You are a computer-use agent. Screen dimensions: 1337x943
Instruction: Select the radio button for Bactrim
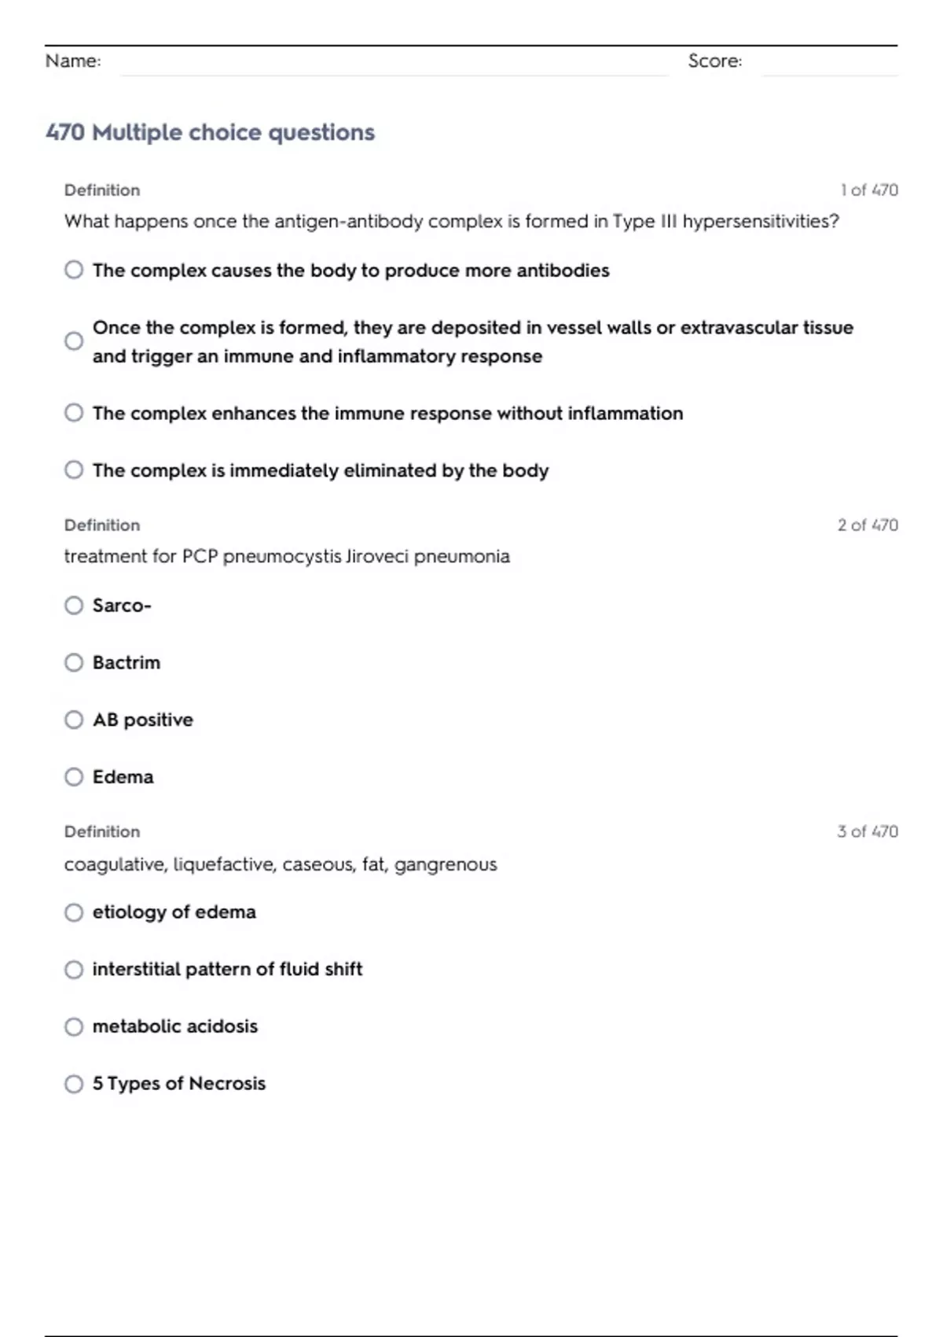click(74, 662)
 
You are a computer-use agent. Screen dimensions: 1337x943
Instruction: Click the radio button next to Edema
click(74, 777)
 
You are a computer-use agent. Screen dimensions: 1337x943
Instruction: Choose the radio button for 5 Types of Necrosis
click(74, 1084)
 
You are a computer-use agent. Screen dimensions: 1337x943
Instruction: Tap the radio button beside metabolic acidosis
click(74, 1026)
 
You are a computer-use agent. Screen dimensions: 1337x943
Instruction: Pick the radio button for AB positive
click(74, 720)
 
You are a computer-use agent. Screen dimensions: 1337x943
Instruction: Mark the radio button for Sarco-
click(74, 605)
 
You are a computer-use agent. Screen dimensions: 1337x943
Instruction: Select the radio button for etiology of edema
click(74, 912)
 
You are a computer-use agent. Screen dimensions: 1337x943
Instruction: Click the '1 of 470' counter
click(868, 190)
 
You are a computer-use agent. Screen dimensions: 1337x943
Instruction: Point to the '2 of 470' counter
click(868, 525)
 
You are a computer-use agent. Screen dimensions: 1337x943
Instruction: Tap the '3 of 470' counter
click(868, 831)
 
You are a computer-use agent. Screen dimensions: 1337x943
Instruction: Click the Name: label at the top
click(73, 61)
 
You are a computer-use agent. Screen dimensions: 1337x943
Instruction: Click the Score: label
click(714, 61)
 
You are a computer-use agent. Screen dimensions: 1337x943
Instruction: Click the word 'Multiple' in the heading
click(137, 132)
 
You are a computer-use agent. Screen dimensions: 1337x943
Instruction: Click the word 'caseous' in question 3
click(317, 864)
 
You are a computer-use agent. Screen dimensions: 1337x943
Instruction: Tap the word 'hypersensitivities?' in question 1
click(760, 222)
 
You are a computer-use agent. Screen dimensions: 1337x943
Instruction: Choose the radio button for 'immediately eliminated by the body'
click(74, 470)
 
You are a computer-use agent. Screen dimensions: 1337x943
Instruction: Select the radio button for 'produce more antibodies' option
click(74, 270)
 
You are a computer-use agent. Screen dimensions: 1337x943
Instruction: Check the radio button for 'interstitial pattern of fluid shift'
click(74, 969)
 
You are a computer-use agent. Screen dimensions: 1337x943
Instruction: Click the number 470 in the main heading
click(65, 132)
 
